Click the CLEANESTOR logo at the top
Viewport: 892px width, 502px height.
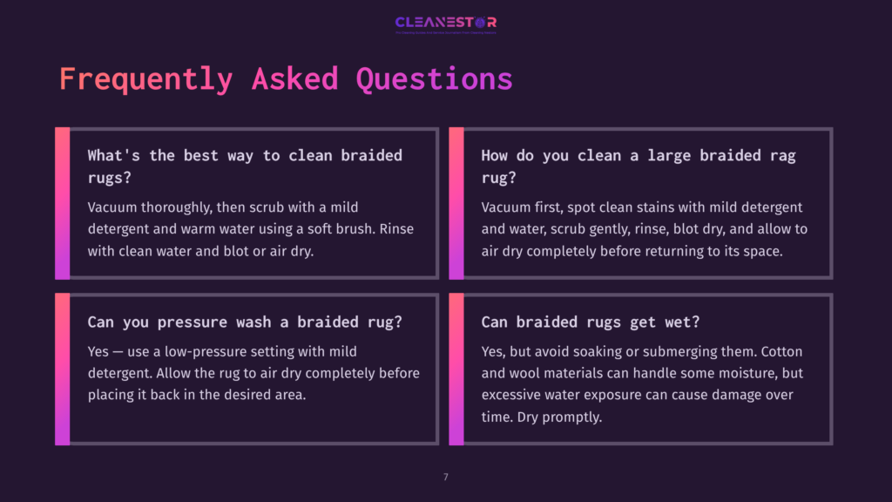point(445,23)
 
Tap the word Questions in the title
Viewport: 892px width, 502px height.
point(434,78)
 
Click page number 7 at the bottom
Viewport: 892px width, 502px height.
point(446,477)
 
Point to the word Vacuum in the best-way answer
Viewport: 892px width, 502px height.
point(112,207)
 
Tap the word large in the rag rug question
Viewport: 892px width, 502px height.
point(656,155)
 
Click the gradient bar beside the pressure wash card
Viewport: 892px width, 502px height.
point(62,369)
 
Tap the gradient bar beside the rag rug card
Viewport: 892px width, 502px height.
point(456,203)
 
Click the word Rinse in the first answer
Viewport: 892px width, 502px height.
point(401,228)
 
